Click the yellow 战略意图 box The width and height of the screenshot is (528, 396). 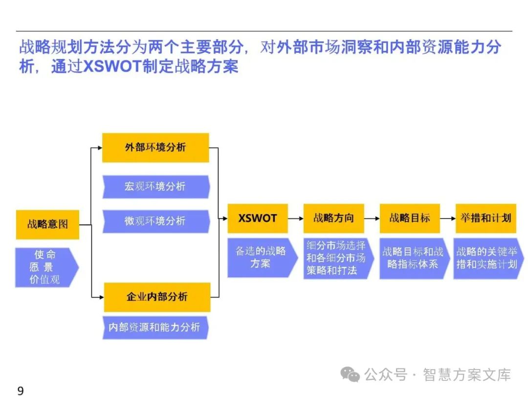pos(47,225)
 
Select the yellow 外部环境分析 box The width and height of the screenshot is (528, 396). pos(155,147)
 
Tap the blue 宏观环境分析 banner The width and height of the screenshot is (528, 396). pos(155,187)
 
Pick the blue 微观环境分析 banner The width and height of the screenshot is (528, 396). pos(155,221)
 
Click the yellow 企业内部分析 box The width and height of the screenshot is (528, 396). pos(157,297)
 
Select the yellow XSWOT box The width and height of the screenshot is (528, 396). pos(258,219)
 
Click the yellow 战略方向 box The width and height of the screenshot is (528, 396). pos(333,219)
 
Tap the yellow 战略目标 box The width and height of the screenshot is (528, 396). pos(410,219)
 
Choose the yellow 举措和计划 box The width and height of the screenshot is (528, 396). pos(485,219)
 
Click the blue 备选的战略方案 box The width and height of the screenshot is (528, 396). pos(261,258)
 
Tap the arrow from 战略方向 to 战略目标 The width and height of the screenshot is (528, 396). pos(372,219)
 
